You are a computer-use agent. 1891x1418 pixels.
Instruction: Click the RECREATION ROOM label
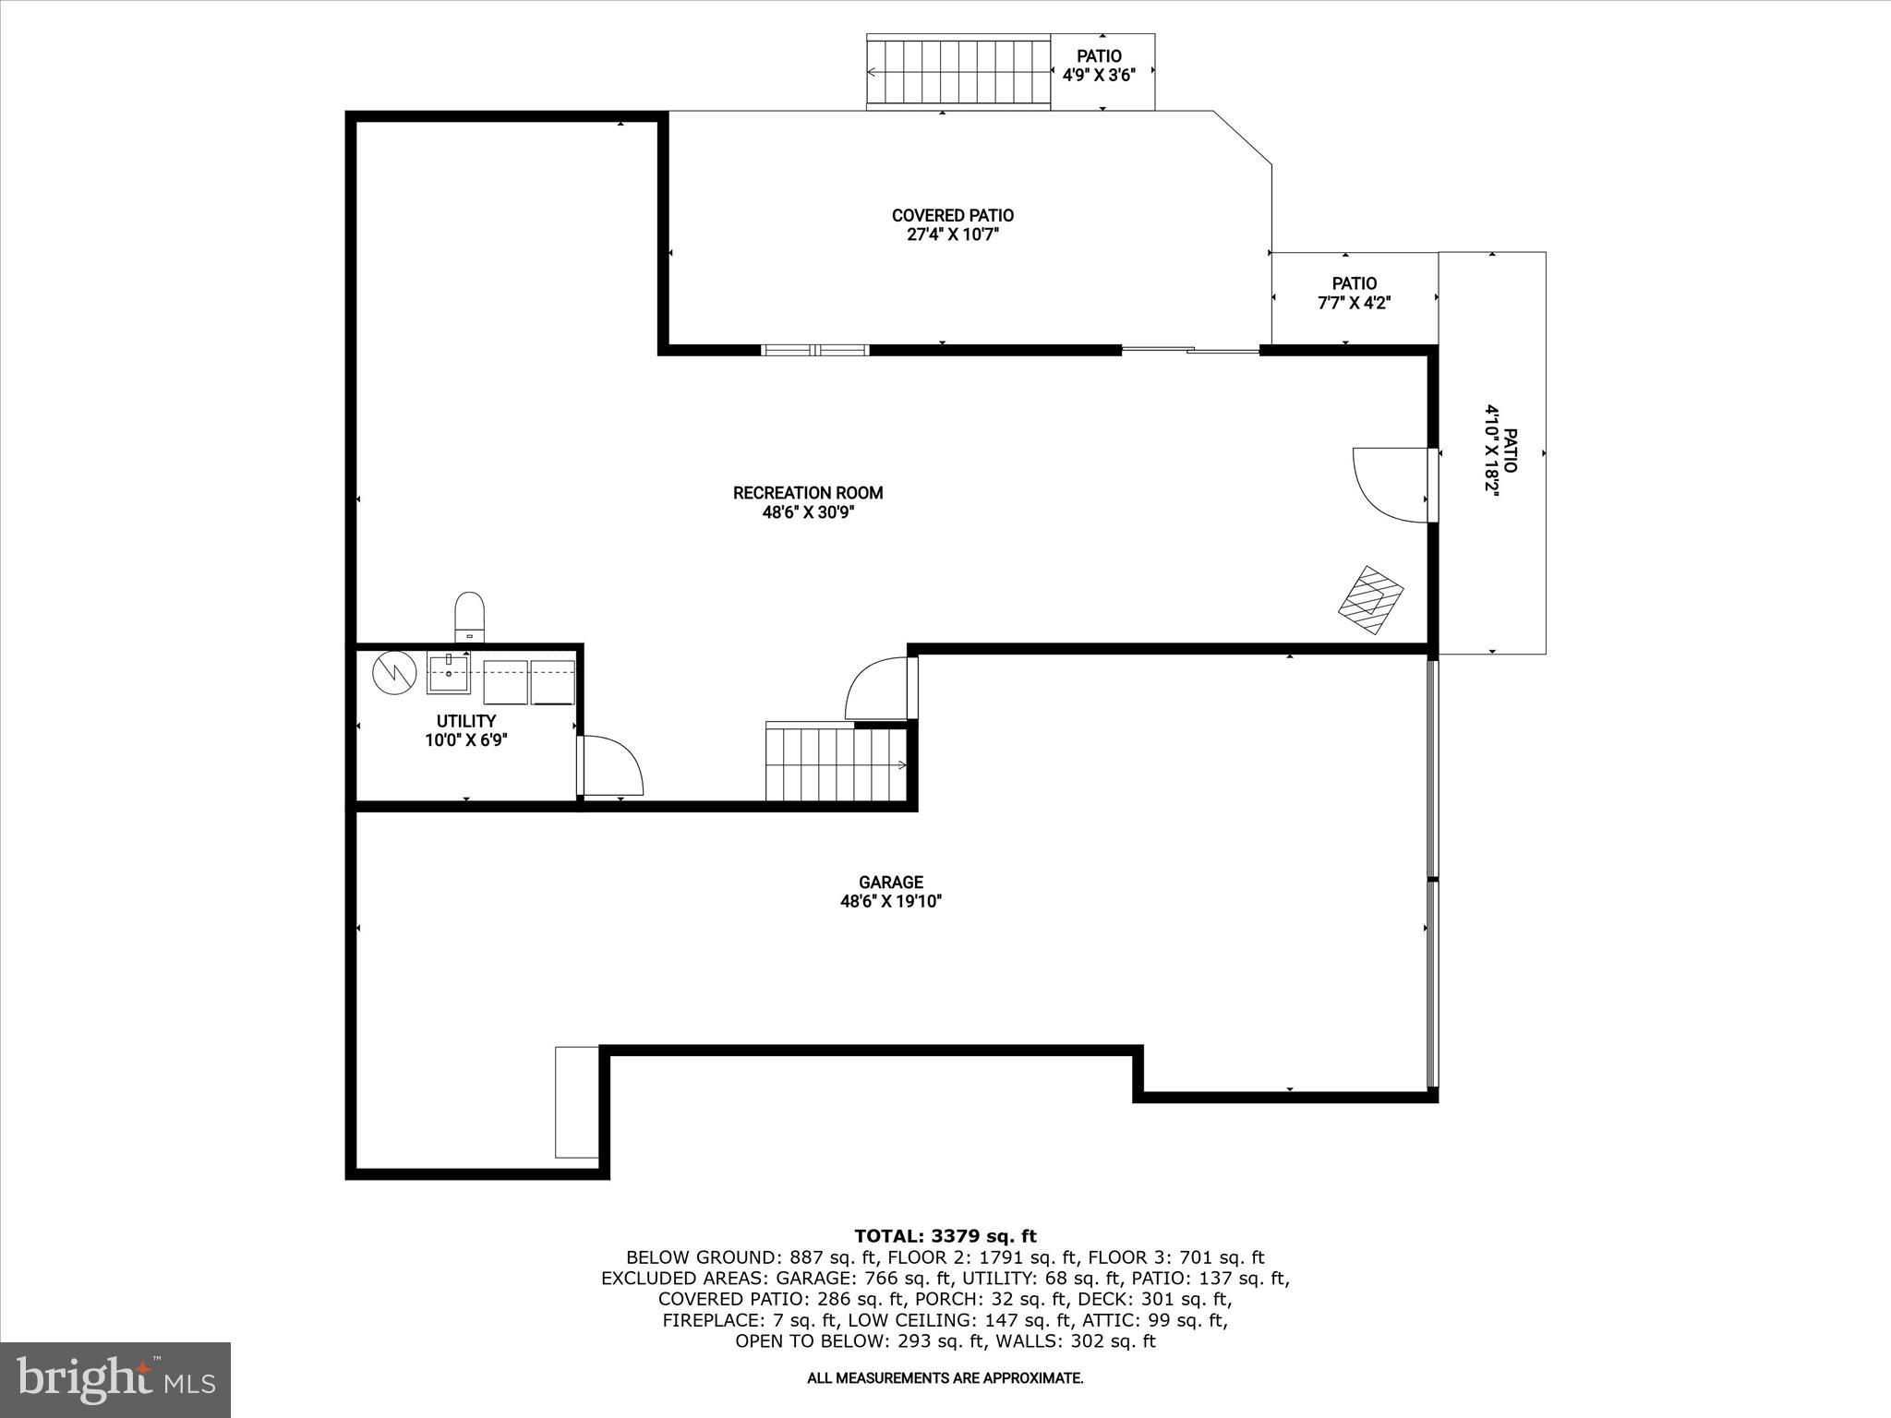point(808,493)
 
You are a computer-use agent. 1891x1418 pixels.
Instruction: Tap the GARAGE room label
point(890,883)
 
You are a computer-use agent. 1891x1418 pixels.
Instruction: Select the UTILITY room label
point(466,721)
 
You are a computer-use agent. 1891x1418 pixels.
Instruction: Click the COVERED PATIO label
point(952,215)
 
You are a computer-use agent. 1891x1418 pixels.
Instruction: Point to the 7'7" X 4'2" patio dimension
point(1354,303)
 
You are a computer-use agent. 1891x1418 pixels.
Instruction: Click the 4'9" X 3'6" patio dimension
point(1099,76)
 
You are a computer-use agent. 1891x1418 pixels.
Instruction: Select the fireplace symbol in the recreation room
point(1371,599)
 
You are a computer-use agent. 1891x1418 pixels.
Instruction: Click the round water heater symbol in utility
point(395,673)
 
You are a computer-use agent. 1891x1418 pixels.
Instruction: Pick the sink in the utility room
point(449,673)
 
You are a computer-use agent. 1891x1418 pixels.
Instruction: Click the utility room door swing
point(611,765)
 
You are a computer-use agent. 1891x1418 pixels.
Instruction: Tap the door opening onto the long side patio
point(1391,485)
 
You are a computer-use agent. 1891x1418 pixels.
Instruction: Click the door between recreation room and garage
point(880,688)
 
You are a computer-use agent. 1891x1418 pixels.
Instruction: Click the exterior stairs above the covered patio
point(958,73)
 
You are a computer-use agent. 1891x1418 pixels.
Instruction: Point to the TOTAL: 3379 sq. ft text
point(945,1236)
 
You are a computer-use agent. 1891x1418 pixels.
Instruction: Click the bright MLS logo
point(115,1380)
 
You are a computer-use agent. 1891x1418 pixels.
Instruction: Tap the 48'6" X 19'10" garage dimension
point(890,902)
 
